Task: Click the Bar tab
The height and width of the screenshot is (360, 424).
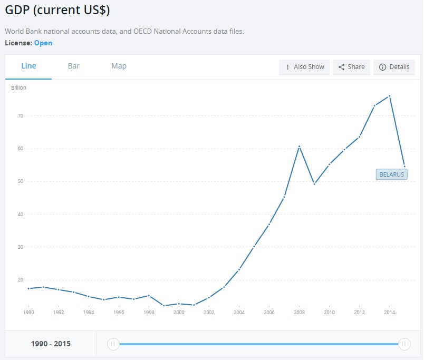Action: [74, 66]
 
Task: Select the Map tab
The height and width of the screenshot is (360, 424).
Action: [119, 66]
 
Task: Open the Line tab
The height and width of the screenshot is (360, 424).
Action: [28, 66]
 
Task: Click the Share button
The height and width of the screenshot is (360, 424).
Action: [351, 67]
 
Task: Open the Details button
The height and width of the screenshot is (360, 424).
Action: [394, 67]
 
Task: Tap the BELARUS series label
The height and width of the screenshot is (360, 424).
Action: [391, 174]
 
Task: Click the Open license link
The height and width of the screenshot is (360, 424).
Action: [43, 43]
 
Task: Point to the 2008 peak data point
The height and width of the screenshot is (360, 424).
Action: [299, 146]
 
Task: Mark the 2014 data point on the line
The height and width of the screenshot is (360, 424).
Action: [389, 96]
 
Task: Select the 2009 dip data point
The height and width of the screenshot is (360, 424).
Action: [314, 184]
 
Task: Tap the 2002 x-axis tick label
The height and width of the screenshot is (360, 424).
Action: [209, 312]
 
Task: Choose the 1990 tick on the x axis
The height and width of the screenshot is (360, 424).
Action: [28, 312]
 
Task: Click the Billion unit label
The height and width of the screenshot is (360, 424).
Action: [18, 87]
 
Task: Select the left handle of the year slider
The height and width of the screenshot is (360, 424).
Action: [113, 344]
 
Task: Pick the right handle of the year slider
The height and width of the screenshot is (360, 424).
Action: [404, 344]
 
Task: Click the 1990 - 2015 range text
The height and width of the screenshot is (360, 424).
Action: [51, 344]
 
